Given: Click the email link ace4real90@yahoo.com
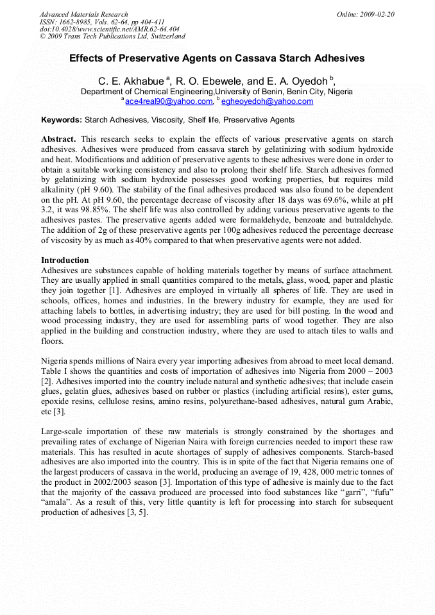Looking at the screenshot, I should point(169,101).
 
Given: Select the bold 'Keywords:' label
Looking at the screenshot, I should point(62,120).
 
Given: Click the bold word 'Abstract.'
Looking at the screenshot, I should point(58,139).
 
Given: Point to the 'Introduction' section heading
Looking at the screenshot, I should point(65,260).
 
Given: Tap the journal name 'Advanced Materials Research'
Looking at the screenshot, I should point(83,14).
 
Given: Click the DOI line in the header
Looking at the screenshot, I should point(109,29).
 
